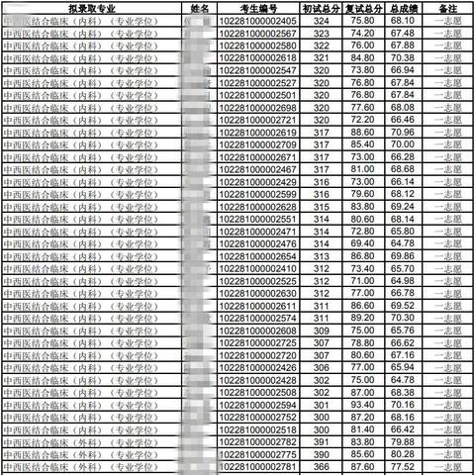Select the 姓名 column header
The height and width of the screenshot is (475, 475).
(199, 8)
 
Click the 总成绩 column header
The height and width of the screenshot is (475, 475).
(402, 8)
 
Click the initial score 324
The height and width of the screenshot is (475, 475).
(321, 20)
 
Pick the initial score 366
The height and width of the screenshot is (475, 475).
(321, 467)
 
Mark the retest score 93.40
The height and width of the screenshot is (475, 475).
(362, 405)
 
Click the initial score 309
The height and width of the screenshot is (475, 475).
(321, 331)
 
